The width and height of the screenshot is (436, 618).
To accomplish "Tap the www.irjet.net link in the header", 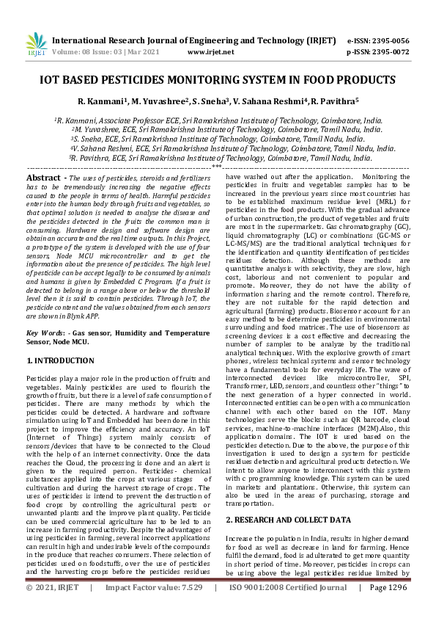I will [210, 53].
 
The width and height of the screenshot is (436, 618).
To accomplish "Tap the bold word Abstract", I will [43, 178].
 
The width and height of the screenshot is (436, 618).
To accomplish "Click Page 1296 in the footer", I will [388, 608].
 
